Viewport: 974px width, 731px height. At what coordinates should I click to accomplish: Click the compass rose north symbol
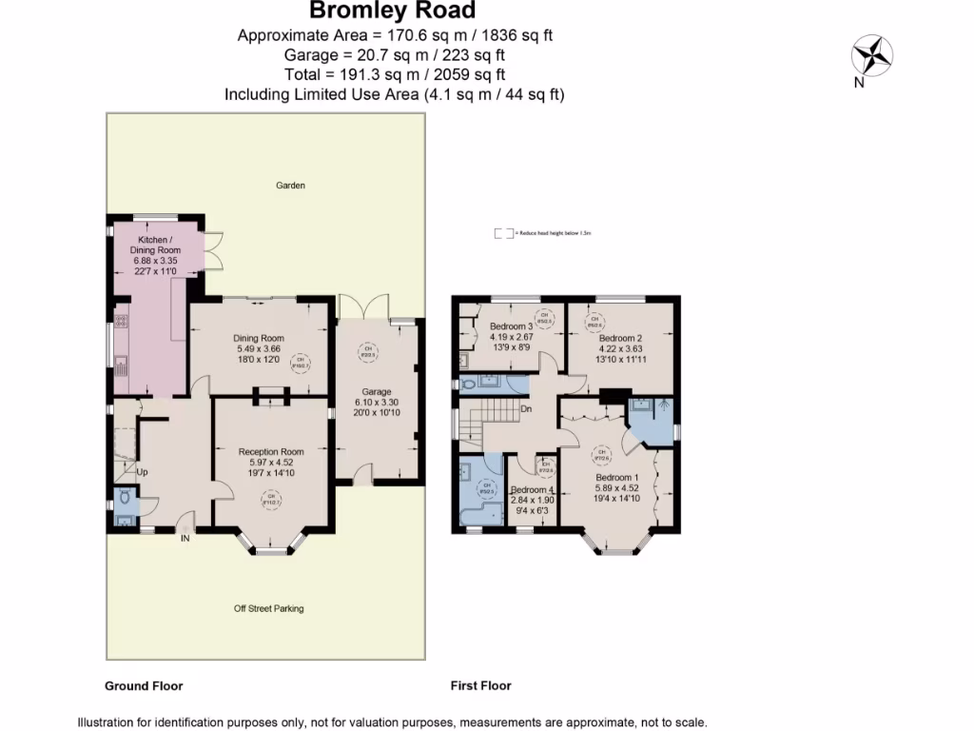tap(870, 54)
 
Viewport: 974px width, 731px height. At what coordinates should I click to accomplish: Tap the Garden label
tap(290, 186)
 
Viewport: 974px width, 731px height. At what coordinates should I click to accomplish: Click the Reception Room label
tap(271, 452)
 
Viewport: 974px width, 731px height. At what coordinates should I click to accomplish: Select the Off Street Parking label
tap(269, 608)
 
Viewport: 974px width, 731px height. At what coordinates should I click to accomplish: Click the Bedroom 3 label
tap(511, 326)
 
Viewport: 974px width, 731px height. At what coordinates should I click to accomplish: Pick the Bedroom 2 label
tap(620, 338)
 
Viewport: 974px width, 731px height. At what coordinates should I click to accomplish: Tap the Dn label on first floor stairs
tap(525, 409)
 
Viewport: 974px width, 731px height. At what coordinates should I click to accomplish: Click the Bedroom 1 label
tap(616, 478)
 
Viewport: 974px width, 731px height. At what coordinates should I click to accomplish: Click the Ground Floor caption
tap(143, 685)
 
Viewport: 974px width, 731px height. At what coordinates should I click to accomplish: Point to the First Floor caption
tap(480, 685)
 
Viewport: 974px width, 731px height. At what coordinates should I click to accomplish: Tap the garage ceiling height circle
tap(365, 353)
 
